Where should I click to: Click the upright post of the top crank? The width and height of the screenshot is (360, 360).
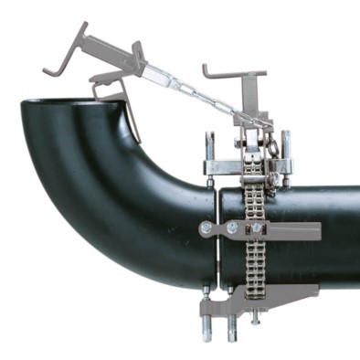coord(246,96)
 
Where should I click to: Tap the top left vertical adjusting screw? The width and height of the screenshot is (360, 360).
coord(210,146)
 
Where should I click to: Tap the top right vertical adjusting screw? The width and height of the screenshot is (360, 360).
coord(285,146)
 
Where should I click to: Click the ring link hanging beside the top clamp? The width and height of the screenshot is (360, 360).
coord(273,142)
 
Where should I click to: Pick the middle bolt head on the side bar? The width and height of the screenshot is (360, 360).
coord(233,227)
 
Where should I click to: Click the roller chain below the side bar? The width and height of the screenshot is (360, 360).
coord(256,265)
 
